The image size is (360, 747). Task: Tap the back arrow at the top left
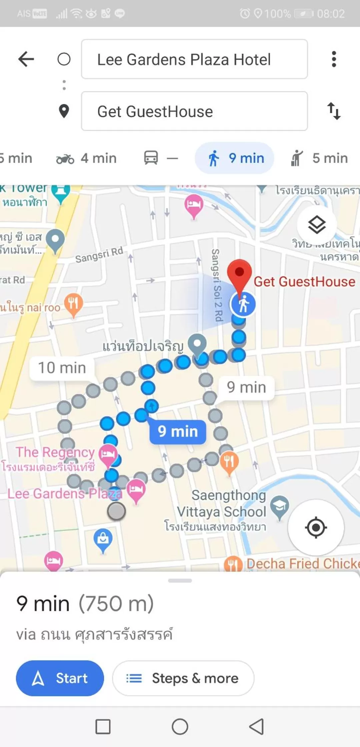pos(26,59)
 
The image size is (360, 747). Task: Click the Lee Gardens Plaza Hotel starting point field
pos(194,59)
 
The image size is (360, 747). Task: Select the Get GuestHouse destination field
pos(194,111)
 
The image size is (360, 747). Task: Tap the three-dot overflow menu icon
pos(334,59)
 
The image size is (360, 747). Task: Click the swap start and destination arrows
pos(334,111)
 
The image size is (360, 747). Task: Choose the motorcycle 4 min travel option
pos(86,158)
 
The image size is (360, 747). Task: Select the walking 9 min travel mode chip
pos(235,158)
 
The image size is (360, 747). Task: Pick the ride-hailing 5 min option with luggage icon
pos(319,158)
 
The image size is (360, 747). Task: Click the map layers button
pos(317,225)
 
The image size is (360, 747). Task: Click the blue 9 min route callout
pos(178,432)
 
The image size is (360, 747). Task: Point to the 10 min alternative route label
pos(62,368)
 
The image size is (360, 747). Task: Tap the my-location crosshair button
pos(316,528)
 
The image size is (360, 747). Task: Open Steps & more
pos(183,678)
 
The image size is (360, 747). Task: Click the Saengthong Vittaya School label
pos(222,504)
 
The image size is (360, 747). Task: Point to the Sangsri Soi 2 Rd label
pos(217,285)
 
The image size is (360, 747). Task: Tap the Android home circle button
pos(180,727)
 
